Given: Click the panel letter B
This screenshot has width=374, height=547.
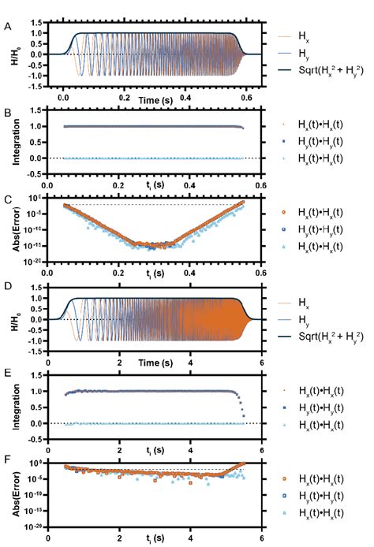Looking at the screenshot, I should [x=8, y=112].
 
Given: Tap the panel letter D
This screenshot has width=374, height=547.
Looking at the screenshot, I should [x=8, y=285].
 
